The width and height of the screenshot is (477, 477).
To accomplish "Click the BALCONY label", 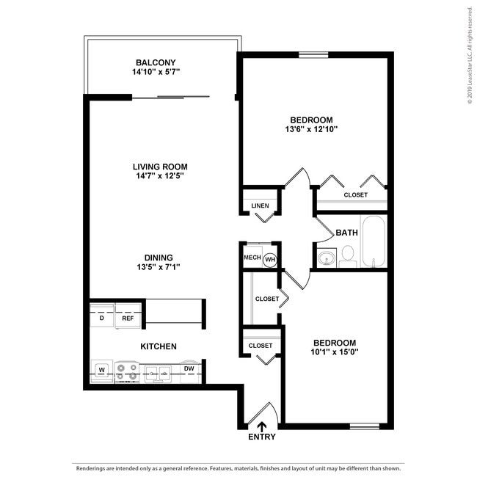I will (155, 62).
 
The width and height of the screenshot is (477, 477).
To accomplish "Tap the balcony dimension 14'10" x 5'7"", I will (155, 73).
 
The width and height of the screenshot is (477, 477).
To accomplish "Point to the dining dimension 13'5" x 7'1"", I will (158, 267).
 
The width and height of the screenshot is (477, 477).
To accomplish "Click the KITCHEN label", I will (159, 346).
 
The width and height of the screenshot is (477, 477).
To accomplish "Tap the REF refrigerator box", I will (128, 318).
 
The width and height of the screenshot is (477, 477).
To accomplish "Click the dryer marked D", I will (101, 318).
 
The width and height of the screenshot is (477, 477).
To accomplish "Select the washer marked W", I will (101, 369).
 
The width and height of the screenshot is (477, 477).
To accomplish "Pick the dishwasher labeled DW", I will (189, 368).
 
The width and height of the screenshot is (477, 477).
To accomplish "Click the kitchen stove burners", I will (127, 371).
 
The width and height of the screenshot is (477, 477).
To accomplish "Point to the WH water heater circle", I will (269, 258).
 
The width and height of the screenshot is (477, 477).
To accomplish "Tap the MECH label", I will (251, 258).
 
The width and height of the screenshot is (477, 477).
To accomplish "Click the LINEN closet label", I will (260, 205).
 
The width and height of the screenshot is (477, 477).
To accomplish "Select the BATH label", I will (346, 233).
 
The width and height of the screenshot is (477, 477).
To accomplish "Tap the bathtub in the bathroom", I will (373, 241).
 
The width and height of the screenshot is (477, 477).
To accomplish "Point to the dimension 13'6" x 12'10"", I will (311, 129).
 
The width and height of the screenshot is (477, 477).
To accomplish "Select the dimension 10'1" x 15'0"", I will (335, 352).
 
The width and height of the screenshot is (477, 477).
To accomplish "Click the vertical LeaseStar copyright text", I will (469, 56).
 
